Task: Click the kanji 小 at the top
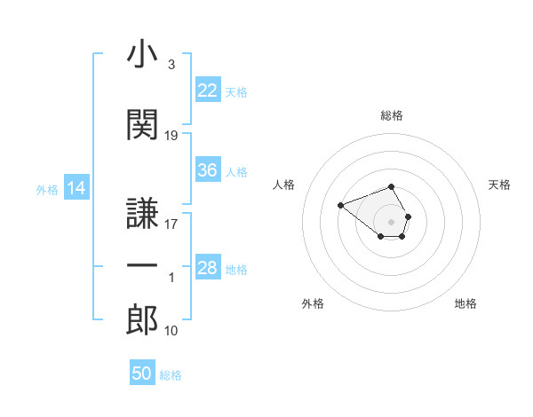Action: pos(142,53)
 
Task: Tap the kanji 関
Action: pos(142,124)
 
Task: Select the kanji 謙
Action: pos(142,213)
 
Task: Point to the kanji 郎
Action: pos(142,319)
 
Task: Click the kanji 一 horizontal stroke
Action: pos(142,265)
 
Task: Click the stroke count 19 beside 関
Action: pos(171,136)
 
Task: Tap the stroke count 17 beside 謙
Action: pos(171,224)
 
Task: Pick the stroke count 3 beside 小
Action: pos(171,65)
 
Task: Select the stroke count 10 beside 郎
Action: pos(171,330)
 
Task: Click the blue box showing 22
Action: pos(208,90)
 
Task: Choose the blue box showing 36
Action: pos(208,169)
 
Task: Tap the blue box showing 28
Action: pos(208,266)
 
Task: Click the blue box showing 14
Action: pos(76,187)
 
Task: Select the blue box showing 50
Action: pos(142,372)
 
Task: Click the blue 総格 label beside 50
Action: pos(171,375)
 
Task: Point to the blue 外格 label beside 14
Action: pos(47,190)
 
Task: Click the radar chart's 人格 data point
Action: pos(340,205)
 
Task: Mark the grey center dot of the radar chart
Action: pos(391,222)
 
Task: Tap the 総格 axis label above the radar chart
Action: pos(392,115)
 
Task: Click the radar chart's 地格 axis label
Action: pos(465,303)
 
